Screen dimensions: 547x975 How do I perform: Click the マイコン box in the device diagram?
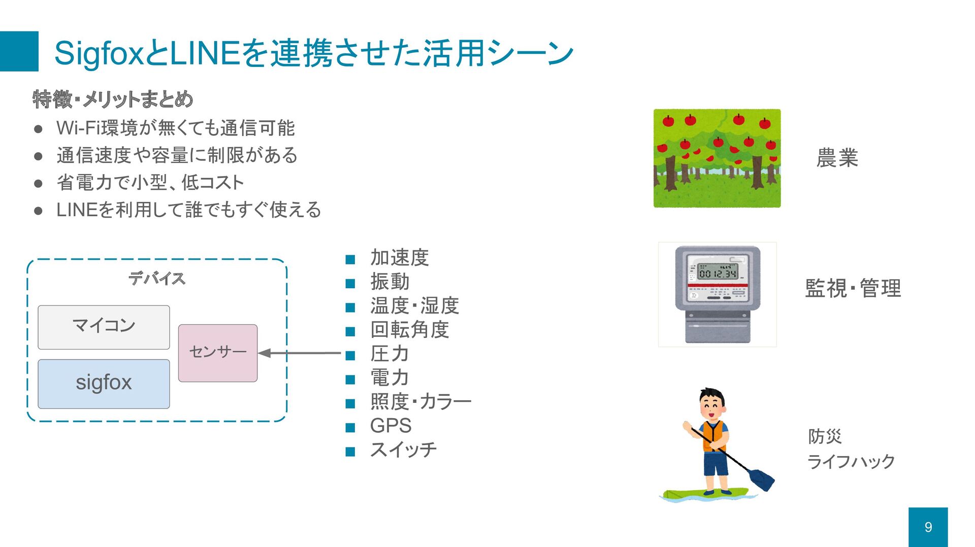[104, 327]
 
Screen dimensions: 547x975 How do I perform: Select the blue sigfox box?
[104, 384]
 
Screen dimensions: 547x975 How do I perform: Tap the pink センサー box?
[218, 353]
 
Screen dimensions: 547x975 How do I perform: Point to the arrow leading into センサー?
[300, 353]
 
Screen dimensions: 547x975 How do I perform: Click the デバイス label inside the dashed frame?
[156, 279]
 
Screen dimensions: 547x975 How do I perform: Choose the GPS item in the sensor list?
[391, 426]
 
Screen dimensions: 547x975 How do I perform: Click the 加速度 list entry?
[399, 258]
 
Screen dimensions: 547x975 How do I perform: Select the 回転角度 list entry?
[409, 330]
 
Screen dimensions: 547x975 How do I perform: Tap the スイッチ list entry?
[403, 450]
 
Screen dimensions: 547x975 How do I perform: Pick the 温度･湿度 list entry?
[414, 306]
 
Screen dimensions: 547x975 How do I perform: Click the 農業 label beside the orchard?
[837, 158]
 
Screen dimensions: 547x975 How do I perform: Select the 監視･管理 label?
[853, 288]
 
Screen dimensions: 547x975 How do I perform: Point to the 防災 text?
[825, 436]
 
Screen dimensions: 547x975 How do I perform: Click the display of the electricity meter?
[718, 273]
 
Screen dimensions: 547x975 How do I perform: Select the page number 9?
[928, 527]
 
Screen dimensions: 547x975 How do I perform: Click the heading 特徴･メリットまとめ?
[113, 99]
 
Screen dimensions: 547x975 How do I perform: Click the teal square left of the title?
[19, 51]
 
